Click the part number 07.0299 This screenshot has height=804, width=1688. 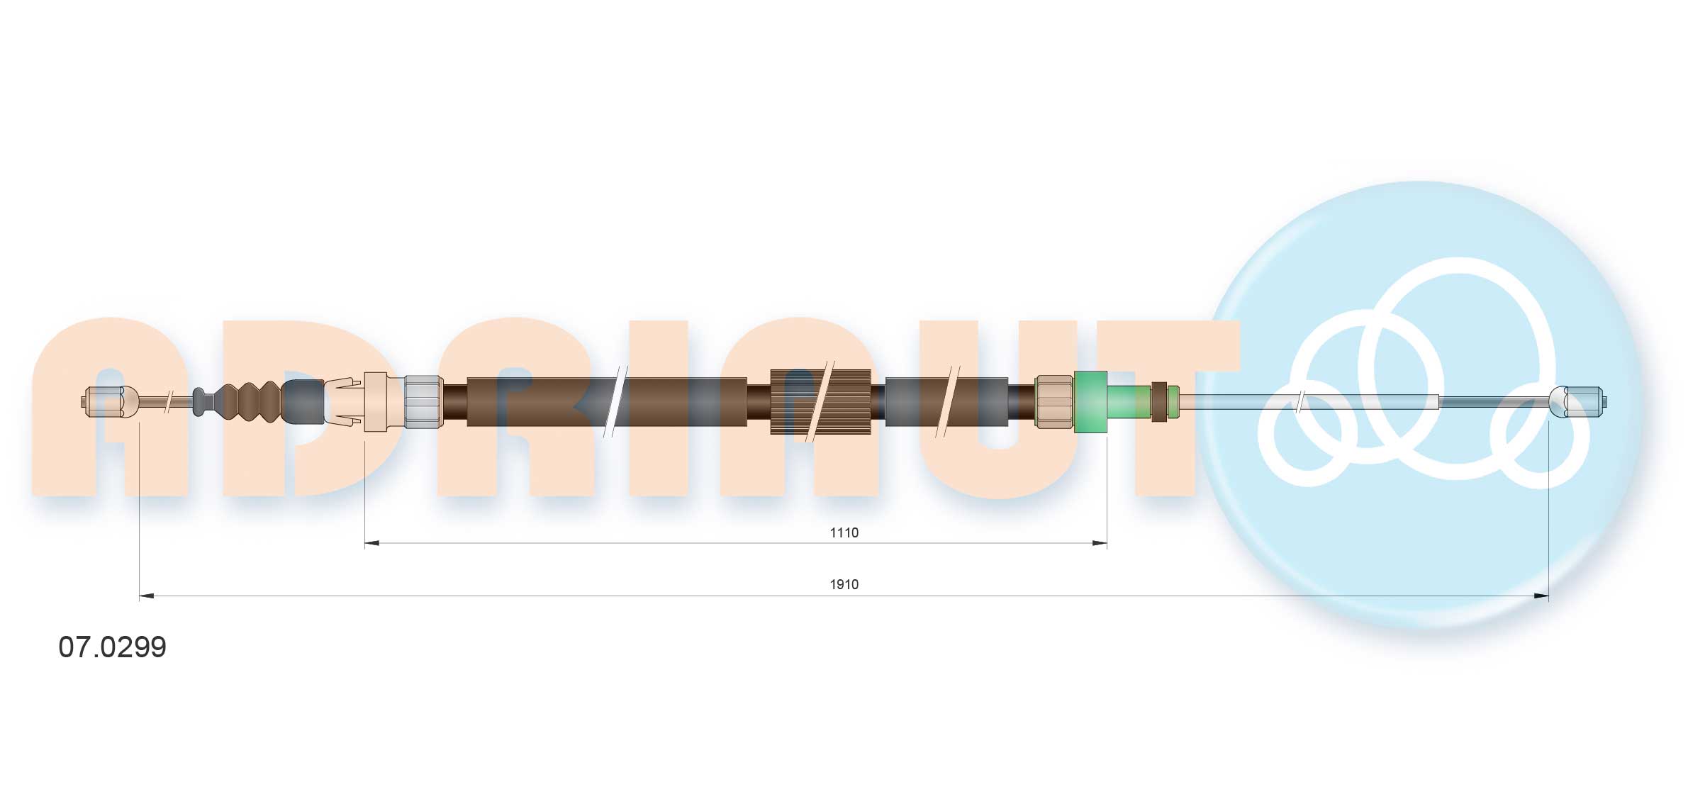click(x=112, y=647)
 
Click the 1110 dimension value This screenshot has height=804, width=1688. click(x=844, y=532)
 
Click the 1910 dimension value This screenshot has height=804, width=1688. click(x=844, y=584)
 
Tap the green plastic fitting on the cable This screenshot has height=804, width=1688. click(x=1090, y=401)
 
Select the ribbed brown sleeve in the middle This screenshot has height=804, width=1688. click(x=820, y=401)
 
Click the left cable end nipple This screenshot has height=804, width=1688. click(x=104, y=402)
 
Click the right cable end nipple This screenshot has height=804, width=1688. click(x=1577, y=402)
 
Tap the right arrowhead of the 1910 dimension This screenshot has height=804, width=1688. click(x=1541, y=596)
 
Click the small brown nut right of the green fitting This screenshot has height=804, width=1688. click(x=1159, y=401)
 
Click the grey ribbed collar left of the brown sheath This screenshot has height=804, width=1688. click(x=423, y=402)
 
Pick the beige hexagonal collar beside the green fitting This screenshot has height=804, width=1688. click(x=1054, y=402)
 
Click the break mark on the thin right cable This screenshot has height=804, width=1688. click(x=1299, y=402)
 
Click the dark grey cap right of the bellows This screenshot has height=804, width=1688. click(x=303, y=402)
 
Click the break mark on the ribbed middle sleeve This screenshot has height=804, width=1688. click(x=822, y=401)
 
